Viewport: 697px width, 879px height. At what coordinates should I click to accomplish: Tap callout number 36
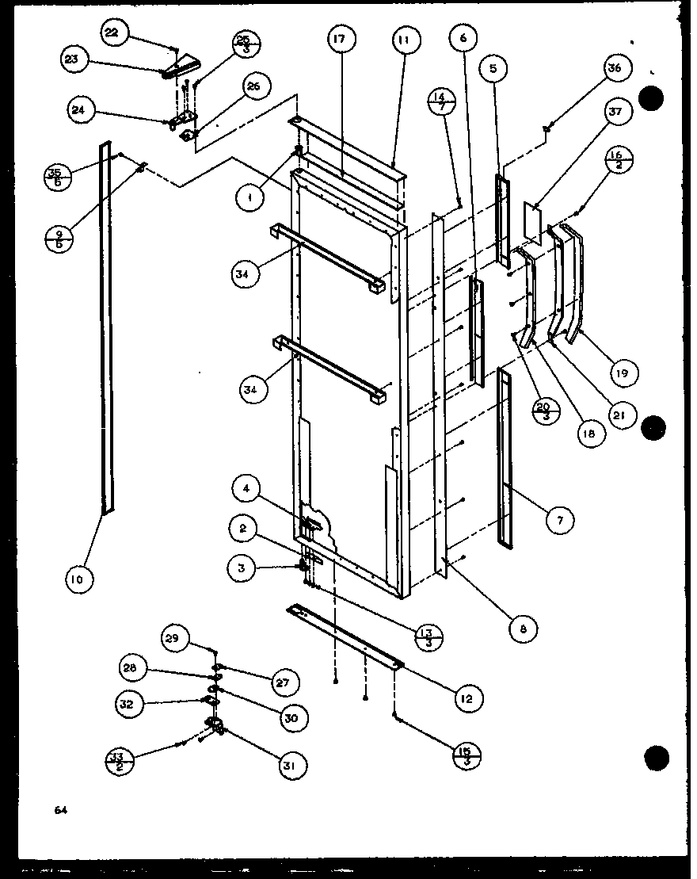tap(619, 68)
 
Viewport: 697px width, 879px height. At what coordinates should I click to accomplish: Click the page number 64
tap(60, 809)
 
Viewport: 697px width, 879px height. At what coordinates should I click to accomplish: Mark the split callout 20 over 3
tap(544, 411)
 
